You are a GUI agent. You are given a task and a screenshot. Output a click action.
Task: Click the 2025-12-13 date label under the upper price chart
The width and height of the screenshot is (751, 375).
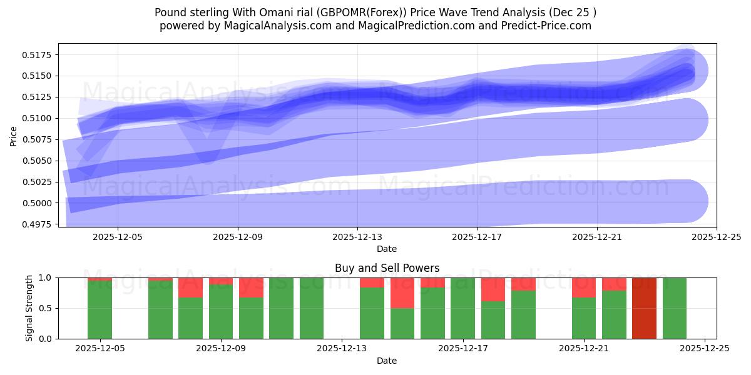357,237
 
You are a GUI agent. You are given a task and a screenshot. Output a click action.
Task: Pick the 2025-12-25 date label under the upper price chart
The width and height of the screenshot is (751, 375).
716,237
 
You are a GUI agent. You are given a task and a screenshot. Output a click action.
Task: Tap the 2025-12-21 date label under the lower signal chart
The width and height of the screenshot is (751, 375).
584,349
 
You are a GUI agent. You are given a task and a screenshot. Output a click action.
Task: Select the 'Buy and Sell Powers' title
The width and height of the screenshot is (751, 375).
387,268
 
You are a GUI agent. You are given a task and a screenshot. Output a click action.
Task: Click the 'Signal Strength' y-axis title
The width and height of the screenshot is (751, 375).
29,308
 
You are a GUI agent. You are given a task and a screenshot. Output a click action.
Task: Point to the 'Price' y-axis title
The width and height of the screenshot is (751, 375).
14,135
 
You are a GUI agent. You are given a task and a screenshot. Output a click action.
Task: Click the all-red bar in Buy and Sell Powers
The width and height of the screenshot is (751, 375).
644,308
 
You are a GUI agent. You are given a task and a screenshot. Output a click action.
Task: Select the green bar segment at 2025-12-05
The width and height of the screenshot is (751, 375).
100,310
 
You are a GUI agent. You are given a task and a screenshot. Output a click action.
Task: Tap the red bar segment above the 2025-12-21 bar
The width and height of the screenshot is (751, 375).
584,287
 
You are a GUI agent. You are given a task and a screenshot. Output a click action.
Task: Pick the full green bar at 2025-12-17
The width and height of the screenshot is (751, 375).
462,308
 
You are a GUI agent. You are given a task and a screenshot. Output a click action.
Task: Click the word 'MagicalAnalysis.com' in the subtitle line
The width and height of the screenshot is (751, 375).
278,26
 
